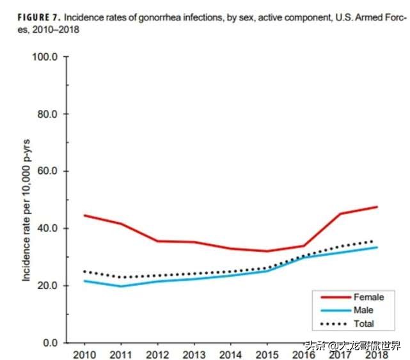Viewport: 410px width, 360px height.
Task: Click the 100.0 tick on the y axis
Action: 45,58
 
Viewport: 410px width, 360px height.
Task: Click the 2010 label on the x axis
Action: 84,354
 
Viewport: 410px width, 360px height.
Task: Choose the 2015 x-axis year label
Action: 267,354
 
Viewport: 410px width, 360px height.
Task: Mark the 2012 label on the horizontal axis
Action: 157,354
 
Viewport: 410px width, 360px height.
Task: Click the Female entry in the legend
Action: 368,297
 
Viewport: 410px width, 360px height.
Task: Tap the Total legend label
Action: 364,324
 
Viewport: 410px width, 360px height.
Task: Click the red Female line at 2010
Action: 84,215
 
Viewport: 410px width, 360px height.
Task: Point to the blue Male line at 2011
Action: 120,286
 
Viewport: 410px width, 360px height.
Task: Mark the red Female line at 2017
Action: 340,214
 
